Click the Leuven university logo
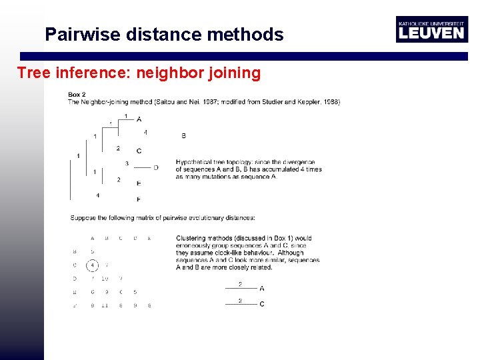431,29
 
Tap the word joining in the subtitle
233,72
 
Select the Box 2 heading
77,95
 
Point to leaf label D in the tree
156,167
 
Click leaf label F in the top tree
138,199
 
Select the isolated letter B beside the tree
183,136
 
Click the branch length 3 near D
127,163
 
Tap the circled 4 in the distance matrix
93,265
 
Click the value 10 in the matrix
105,279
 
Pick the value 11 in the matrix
105,305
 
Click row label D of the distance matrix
74,279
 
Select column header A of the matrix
92,238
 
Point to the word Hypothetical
194,162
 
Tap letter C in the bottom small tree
261,305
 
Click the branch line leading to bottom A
240,289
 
